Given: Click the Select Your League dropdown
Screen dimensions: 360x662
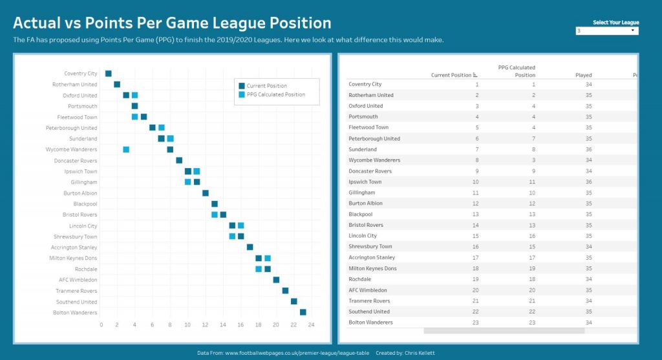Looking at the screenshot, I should pyautogui.click(x=606, y=31).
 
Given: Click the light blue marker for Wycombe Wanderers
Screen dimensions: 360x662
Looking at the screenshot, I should pyautogui.click(x=126, y=149).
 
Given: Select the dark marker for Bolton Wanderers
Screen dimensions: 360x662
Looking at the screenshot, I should pyautogui.click(x=303, y=312).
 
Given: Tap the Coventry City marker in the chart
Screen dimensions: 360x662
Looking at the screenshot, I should pyautogui.click(x=109, y=74).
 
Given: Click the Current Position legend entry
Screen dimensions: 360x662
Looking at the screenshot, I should pyautogui.click(x=266, y=86).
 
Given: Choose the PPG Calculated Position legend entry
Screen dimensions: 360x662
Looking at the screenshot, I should pyautogui.click(x=275, y=94).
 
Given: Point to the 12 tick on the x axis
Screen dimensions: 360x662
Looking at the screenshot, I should pyautogui.click(x=206, y=324).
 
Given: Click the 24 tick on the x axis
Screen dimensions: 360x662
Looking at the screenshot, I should pyautogui.click(x=311, y=324).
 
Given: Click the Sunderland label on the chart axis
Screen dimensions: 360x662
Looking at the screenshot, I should pyautogui.click(x=83, y=139).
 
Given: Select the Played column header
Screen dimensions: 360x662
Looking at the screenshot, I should pyautogui.click(x=583, y=75).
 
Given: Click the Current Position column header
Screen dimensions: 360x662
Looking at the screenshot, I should pyautogui.click(x=451, y=75).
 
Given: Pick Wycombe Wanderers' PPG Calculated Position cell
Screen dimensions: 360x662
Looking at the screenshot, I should pyautogui.click(x=533, y=160).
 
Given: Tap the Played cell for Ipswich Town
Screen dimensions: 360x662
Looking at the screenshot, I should pyautogui.click(x=588, y=182).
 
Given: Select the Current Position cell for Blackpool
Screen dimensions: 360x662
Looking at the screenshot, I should pyautogui.click(x=476, y=215).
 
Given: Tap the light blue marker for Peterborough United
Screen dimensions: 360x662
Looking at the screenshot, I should pyautogui.click(x=162, y=127).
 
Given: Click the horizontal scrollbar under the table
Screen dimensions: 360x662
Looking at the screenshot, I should pyautogui.click(x=504, y=331).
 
